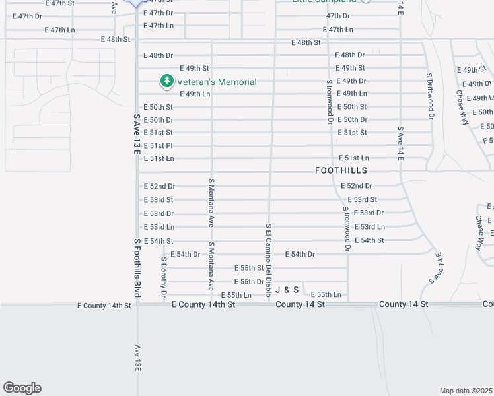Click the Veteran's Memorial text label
[215, 82]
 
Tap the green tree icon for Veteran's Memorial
[167, 81]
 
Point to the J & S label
[287, 290]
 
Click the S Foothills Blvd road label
[137, 267]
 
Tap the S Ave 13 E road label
[137, 134]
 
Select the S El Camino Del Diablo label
[269, 260]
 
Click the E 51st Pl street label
[159, 145]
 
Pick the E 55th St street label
[251, 268]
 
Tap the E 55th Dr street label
[249, 281]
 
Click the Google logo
[22, 388]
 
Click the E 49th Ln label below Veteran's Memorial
[190, 94]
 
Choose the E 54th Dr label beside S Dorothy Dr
[186, 254]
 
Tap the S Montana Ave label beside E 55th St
[211, 267]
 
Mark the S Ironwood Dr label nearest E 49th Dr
[329, 101]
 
